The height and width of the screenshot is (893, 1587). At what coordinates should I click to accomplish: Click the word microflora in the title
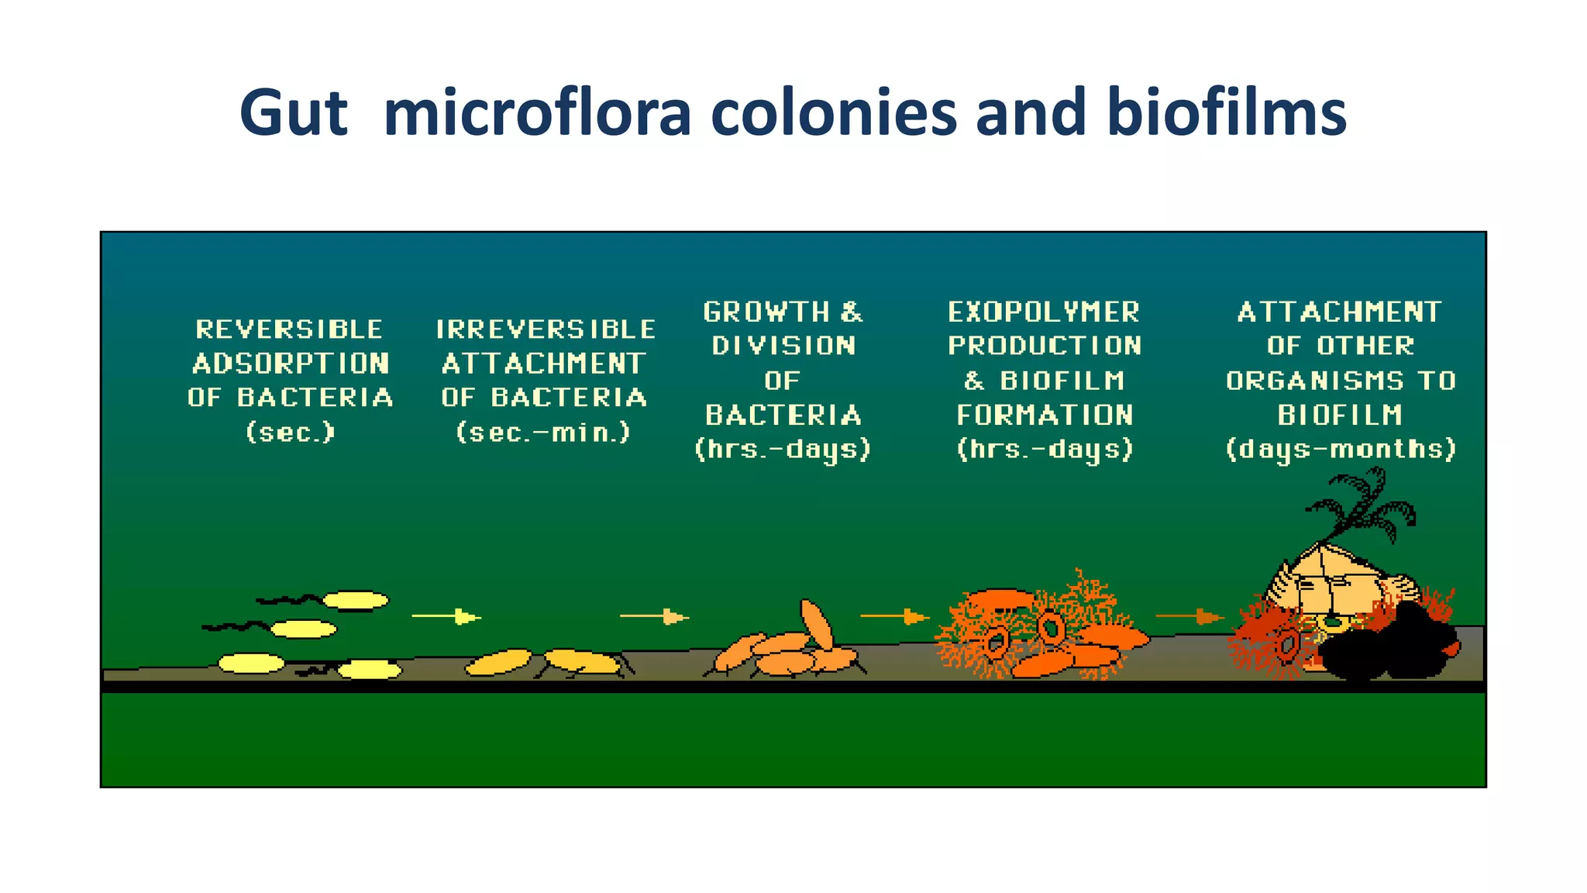[x=536, y=113]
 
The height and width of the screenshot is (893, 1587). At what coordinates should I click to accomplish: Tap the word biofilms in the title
[x=1227, y=113]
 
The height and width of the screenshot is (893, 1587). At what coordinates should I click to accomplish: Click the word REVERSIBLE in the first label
[x=289, y=329]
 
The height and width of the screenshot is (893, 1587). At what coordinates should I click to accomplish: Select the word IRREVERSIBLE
[x=546, y=329]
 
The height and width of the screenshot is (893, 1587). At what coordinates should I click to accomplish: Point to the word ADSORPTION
[x=291, y=364]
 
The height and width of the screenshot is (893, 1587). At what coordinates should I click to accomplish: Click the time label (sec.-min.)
[x=543, y=432]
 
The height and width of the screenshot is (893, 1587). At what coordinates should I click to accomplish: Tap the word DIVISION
[x=783, y=346]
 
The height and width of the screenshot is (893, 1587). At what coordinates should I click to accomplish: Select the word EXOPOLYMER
[x=1044, y=312]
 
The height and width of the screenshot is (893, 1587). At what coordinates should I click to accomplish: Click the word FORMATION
[x=1045, y=415]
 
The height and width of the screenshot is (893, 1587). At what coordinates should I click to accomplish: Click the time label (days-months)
[x=1341, y=450]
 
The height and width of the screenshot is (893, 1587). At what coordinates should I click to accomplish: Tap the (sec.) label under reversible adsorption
[x=290, y=432]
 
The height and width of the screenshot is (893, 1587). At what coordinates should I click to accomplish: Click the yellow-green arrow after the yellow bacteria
[x=446, y=617]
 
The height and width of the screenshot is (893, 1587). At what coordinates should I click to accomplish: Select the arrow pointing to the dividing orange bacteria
[x=654, y=617]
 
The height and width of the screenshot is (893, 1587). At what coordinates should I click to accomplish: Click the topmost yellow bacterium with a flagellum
[x=355, y=600]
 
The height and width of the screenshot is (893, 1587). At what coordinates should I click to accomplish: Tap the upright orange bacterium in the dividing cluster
[x=816, y=624]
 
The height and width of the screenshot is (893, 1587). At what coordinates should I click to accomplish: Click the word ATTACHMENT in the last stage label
[x=1339, y=312]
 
